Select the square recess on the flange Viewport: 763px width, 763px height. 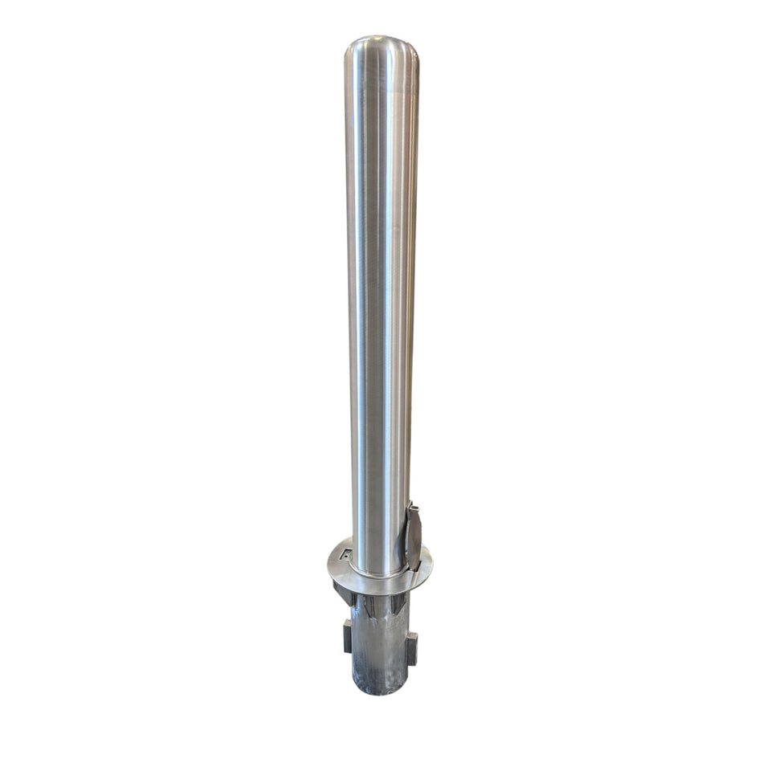[345, 554]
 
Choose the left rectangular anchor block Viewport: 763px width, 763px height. [347, 639]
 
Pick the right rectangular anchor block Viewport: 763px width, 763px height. [411, 647]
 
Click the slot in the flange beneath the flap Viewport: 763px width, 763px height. [414, 573]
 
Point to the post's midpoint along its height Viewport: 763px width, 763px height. [381, 305]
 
